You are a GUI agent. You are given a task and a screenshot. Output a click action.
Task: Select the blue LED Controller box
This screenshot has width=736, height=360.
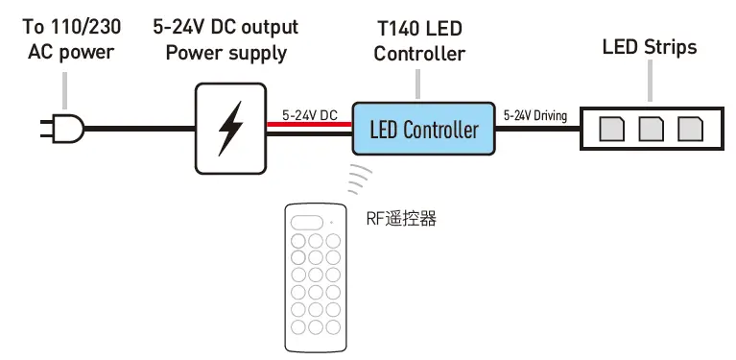click(x=423, y=129)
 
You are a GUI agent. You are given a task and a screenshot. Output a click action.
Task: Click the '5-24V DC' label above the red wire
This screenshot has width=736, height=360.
click(x=309, y=115)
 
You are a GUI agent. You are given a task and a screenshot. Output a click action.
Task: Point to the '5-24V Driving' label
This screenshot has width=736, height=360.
click(x=534, y=116)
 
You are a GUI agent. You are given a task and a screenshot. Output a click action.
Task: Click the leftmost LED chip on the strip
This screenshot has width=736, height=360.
click(x=611, y=128)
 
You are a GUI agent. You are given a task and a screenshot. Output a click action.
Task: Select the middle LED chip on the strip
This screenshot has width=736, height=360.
click(x=651, y=128)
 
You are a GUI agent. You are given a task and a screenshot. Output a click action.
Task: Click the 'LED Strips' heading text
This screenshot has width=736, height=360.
click(x=649, y=47)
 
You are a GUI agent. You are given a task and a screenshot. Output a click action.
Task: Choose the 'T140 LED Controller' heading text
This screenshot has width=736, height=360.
click(x=419, y=42)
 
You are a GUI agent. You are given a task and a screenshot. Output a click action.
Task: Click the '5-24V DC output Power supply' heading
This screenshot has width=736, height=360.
click(x=226, y=40)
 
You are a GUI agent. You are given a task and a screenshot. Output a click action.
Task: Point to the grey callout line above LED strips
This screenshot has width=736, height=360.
click(x=649, y=82)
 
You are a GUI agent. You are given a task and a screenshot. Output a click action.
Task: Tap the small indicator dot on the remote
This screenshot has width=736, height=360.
click(x=329, y=222)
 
